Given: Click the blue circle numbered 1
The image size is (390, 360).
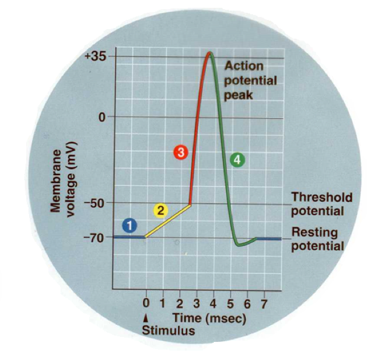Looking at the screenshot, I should click(x=129, y=225).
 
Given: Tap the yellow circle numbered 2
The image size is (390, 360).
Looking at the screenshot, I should click(x=160, y=210).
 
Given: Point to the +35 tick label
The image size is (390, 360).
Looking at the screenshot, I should click(x=96, y=56).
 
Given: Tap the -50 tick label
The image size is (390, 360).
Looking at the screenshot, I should click(x=97, y=203).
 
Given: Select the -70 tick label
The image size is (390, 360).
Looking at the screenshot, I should click(x=97, y=237).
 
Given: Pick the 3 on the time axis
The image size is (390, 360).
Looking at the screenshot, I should click(x=196, y=302).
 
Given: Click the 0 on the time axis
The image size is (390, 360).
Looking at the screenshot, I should click(x=145, y=302).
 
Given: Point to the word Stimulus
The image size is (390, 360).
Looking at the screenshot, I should click(x=168, y=331).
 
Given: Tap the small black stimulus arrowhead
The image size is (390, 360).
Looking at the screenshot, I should click(x=145, y=317).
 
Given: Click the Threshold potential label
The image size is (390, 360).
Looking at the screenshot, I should click(x=317, y=204).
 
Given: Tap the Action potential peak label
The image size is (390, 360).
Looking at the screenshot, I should click(x=250, y=81).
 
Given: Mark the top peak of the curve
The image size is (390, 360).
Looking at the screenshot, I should click(x=210, y=53).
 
